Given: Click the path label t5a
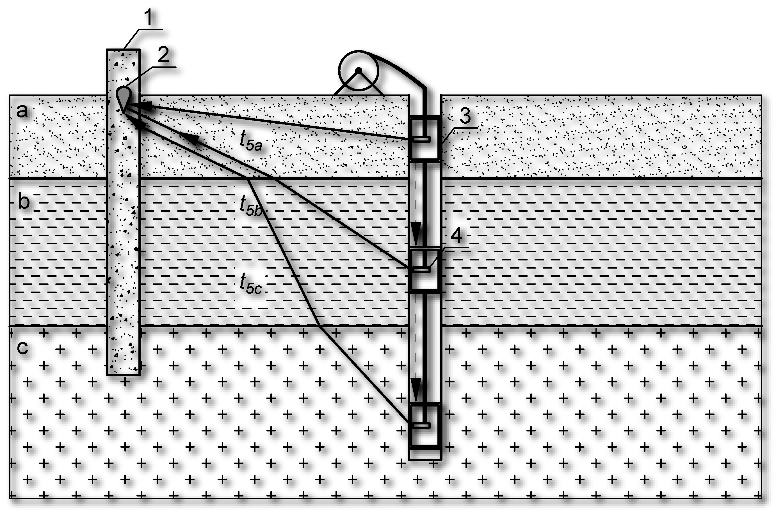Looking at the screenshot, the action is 250,142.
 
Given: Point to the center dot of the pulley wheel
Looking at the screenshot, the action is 359,70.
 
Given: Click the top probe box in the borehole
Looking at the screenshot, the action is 424,138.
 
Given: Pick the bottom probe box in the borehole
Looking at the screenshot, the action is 424,425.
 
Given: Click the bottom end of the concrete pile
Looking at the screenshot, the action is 123,374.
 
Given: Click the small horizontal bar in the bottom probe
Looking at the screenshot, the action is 421,426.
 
